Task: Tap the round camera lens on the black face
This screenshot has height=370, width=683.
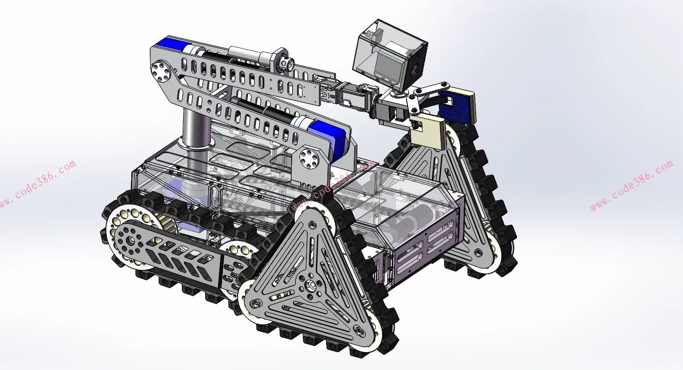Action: click(415, 70)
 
